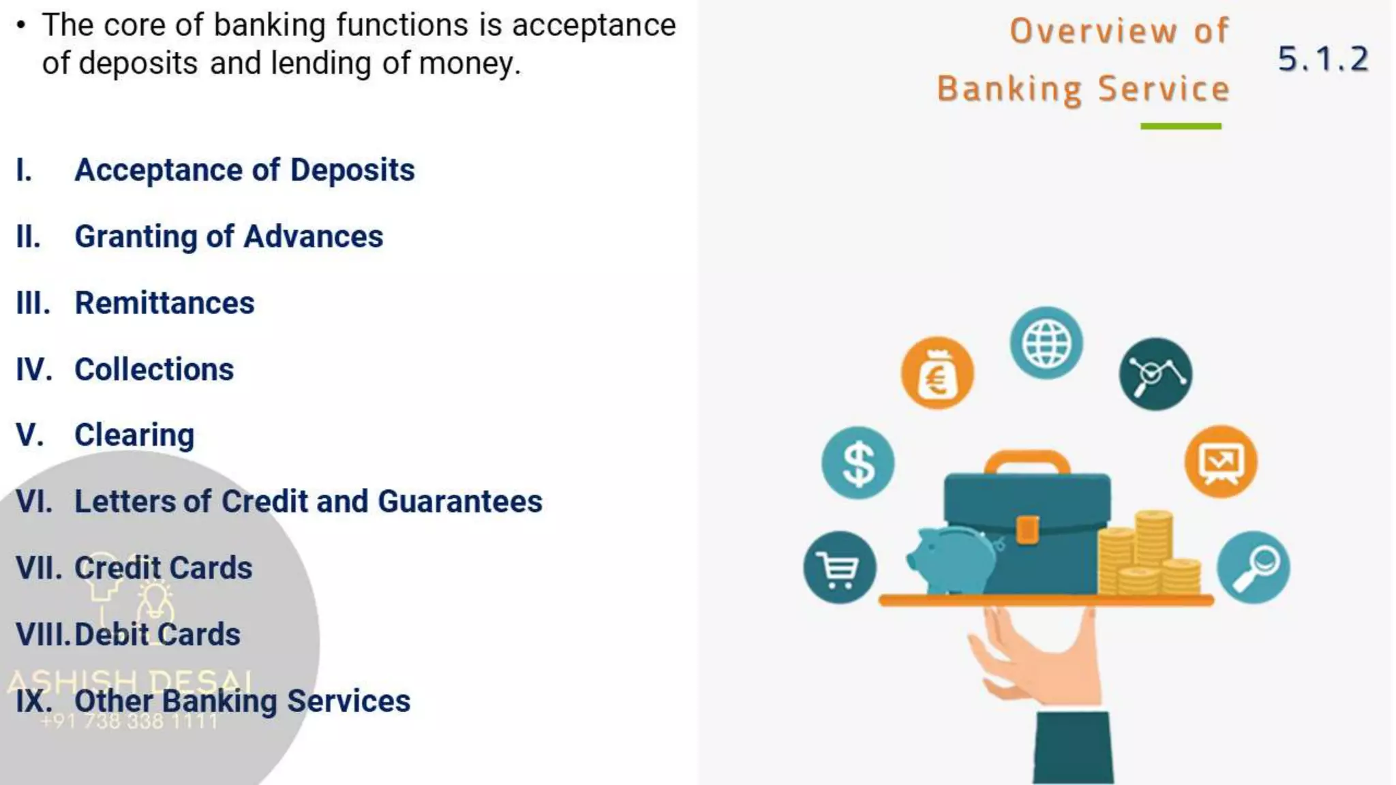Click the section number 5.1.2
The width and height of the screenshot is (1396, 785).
pos(1322,59)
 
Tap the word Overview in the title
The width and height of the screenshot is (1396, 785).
pos(1093,31)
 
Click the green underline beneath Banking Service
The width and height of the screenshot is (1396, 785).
pos(1181,126)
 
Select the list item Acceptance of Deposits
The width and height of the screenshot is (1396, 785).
pos(244,170)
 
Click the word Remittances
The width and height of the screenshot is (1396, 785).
pos(164,303)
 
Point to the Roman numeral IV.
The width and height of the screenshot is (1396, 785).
pos(33,369)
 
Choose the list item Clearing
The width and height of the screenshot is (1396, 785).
pos(134,435)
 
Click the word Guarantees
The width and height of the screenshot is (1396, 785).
pos(460,502)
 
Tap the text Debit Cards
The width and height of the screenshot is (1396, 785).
pos(157,634)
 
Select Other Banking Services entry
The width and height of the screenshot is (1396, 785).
pos(242,701)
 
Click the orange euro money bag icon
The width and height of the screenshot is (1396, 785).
pos(937,373)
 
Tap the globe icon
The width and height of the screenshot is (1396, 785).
pos(1046,343)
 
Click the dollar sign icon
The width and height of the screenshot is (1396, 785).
pos(858,463)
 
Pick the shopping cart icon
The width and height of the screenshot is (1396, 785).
pos(840,567)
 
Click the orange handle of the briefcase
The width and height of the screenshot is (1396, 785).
pos(1027,460)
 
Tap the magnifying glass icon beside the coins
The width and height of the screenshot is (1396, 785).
pos(1254,567)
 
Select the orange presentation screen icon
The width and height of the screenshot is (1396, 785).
pos(1221,462)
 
